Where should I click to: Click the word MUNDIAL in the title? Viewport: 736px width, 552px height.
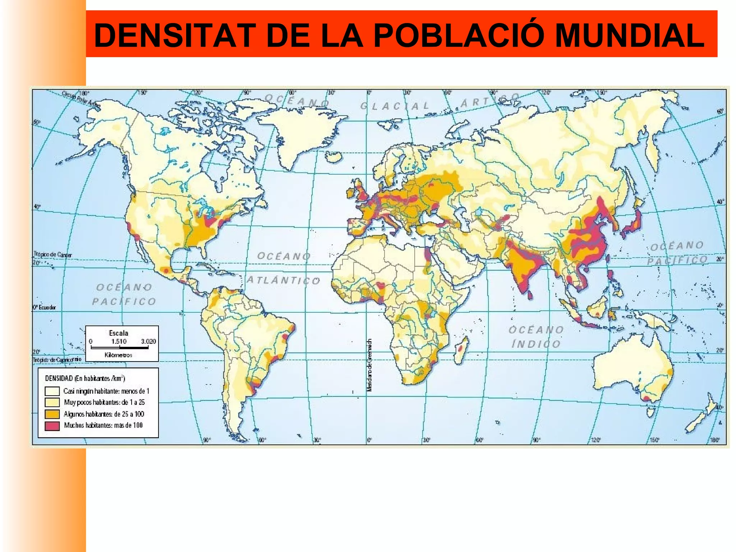(x=629, y=35)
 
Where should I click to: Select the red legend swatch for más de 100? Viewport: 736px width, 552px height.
(x=52, y=425)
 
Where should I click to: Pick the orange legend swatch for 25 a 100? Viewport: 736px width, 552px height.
(x=52, y=414)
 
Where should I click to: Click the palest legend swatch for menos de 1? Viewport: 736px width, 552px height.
(x=52, y=391)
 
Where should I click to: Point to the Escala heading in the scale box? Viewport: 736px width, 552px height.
(x=118, y=333)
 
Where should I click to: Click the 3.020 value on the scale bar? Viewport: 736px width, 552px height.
(x=148, y=341)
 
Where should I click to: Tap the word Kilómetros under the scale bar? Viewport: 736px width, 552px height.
(x=118, y=355)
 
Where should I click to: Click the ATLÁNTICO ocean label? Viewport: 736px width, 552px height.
(x=284, y=280)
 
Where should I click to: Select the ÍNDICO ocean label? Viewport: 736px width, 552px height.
(x=536, y=344)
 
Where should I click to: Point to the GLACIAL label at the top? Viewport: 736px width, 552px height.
(x=395, y=106)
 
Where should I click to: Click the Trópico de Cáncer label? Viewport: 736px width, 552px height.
(x=53, y=255)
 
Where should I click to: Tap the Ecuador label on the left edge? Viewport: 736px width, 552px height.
(x=45, y=307)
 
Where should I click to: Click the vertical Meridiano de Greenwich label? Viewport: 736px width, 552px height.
(x=369, y=365)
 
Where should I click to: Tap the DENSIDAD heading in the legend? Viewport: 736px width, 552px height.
(x=85, y=378)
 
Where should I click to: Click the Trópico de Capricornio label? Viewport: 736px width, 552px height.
(x=57, y=359)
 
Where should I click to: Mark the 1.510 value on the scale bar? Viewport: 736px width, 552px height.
(x=119, y=341)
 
